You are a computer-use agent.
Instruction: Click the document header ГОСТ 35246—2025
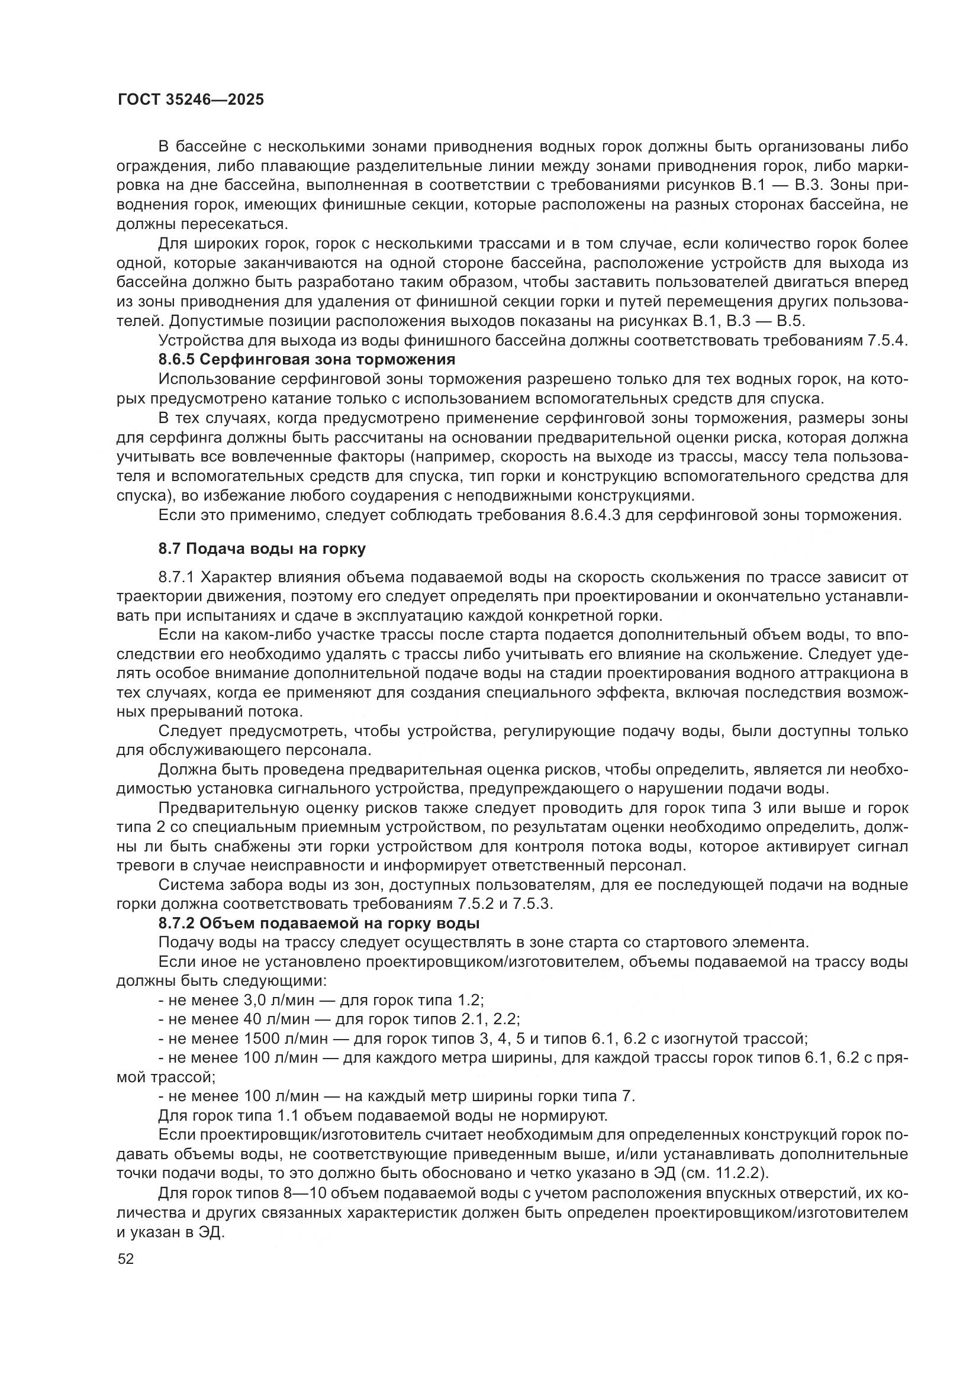tap(191, 100)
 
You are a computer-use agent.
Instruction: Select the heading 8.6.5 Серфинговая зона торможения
tap(306, 360)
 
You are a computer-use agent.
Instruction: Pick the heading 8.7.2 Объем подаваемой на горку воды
tap(319, 923)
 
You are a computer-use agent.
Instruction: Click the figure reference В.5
tap(798, 321)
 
